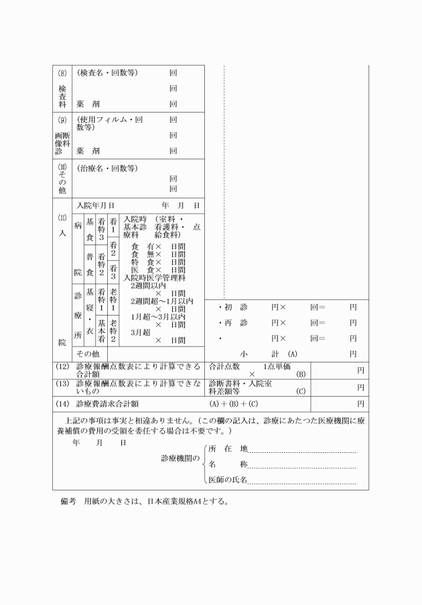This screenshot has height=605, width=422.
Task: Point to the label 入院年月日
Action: (x=95, y=205)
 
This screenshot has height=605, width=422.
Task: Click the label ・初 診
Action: (x=233, y=308)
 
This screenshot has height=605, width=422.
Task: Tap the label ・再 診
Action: (x=233, y=323)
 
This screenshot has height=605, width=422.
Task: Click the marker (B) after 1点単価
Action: (x=301, y=374)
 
